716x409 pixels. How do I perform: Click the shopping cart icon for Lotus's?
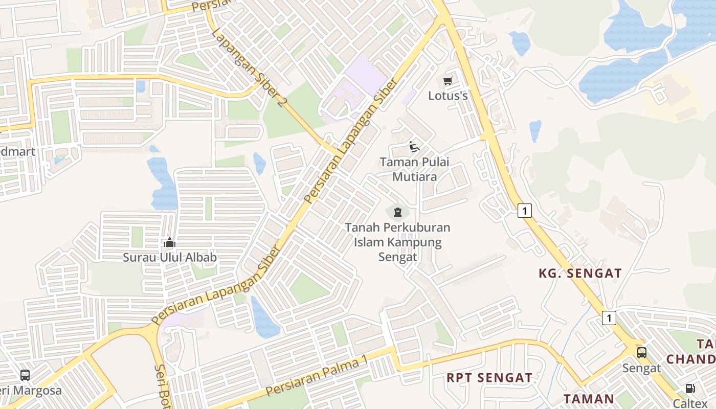[447, 81]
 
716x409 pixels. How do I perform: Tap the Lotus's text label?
[448, 96]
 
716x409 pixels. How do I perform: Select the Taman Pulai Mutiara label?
[414, 169]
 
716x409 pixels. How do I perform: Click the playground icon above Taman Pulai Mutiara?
[414, 147]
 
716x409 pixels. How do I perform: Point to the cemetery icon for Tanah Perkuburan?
[397, 211]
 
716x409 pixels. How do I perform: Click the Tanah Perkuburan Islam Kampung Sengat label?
[397, 242]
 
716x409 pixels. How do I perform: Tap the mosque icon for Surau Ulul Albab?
[169, 242]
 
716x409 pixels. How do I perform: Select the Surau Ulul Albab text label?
[170, 257]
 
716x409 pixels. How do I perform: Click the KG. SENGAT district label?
[580, 273]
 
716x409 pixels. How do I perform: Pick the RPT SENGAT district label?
[489, 378]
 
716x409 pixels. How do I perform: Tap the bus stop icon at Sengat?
[641, 352]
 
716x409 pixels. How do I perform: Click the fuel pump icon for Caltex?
[690, 389]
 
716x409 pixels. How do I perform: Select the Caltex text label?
[690, 403]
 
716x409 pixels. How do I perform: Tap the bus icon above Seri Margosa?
[25, 375]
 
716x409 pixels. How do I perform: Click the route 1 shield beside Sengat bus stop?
[609, 317]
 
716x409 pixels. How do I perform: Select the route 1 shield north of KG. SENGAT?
[525, 210]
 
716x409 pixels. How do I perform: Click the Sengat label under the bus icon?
[641, 368]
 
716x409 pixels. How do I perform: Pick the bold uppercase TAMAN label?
[589, 399]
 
